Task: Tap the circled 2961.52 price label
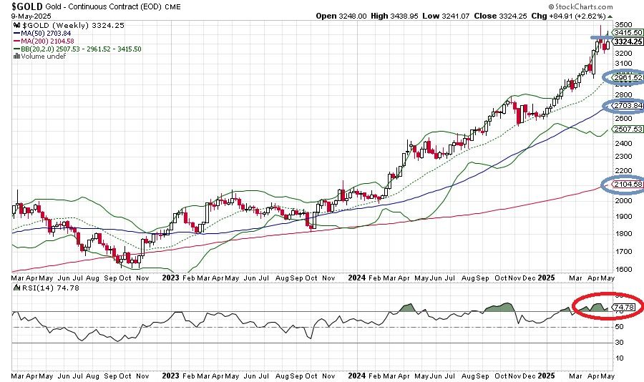624,77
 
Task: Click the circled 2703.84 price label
624,106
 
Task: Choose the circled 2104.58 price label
624,185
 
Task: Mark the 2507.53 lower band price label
625,129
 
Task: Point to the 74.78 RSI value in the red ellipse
625,307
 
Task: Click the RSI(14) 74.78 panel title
41,288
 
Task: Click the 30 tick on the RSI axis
616,343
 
